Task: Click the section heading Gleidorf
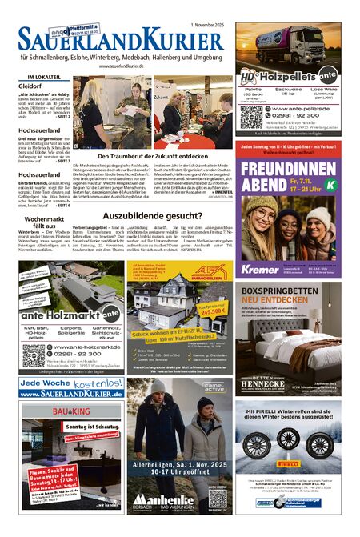pyautogui.click(x=30, y=85)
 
